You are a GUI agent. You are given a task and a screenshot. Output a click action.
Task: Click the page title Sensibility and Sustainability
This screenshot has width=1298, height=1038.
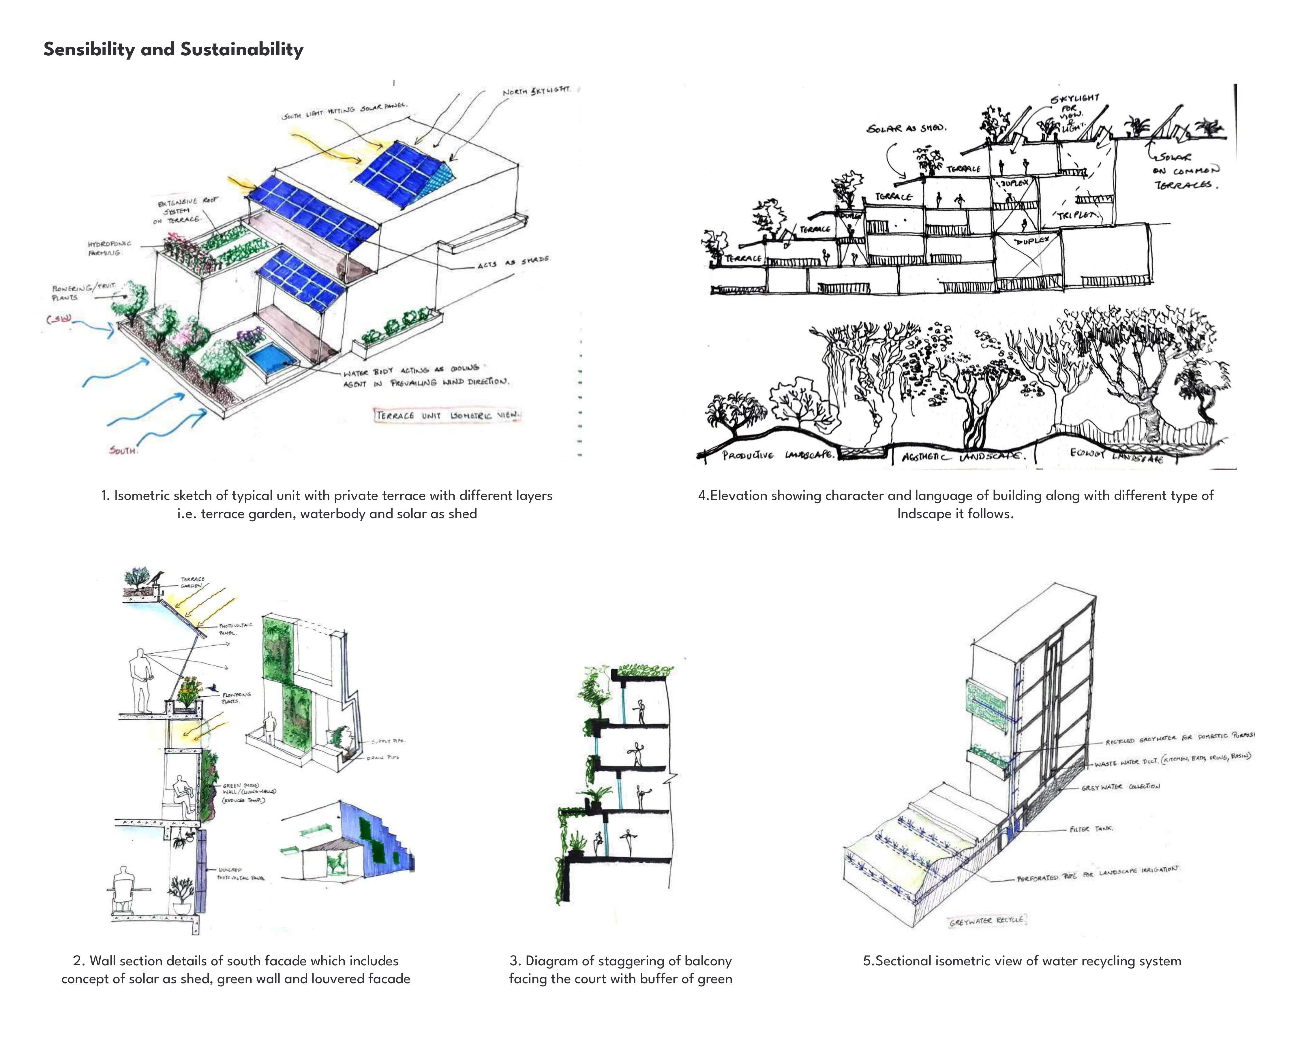tap(173, 49)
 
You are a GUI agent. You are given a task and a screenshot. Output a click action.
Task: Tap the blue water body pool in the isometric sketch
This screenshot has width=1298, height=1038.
tap(273, 358)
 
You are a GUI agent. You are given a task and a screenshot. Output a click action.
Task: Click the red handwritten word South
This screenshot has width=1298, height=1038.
tap(123, 450)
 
